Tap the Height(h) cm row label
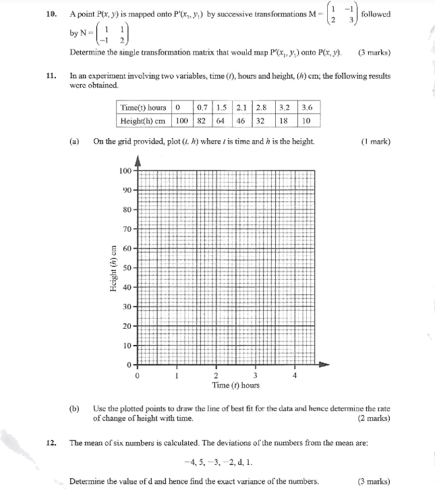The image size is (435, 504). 142,121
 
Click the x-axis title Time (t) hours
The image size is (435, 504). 235,385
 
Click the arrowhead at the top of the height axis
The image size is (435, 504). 138,160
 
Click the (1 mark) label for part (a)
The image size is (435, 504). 376,141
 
